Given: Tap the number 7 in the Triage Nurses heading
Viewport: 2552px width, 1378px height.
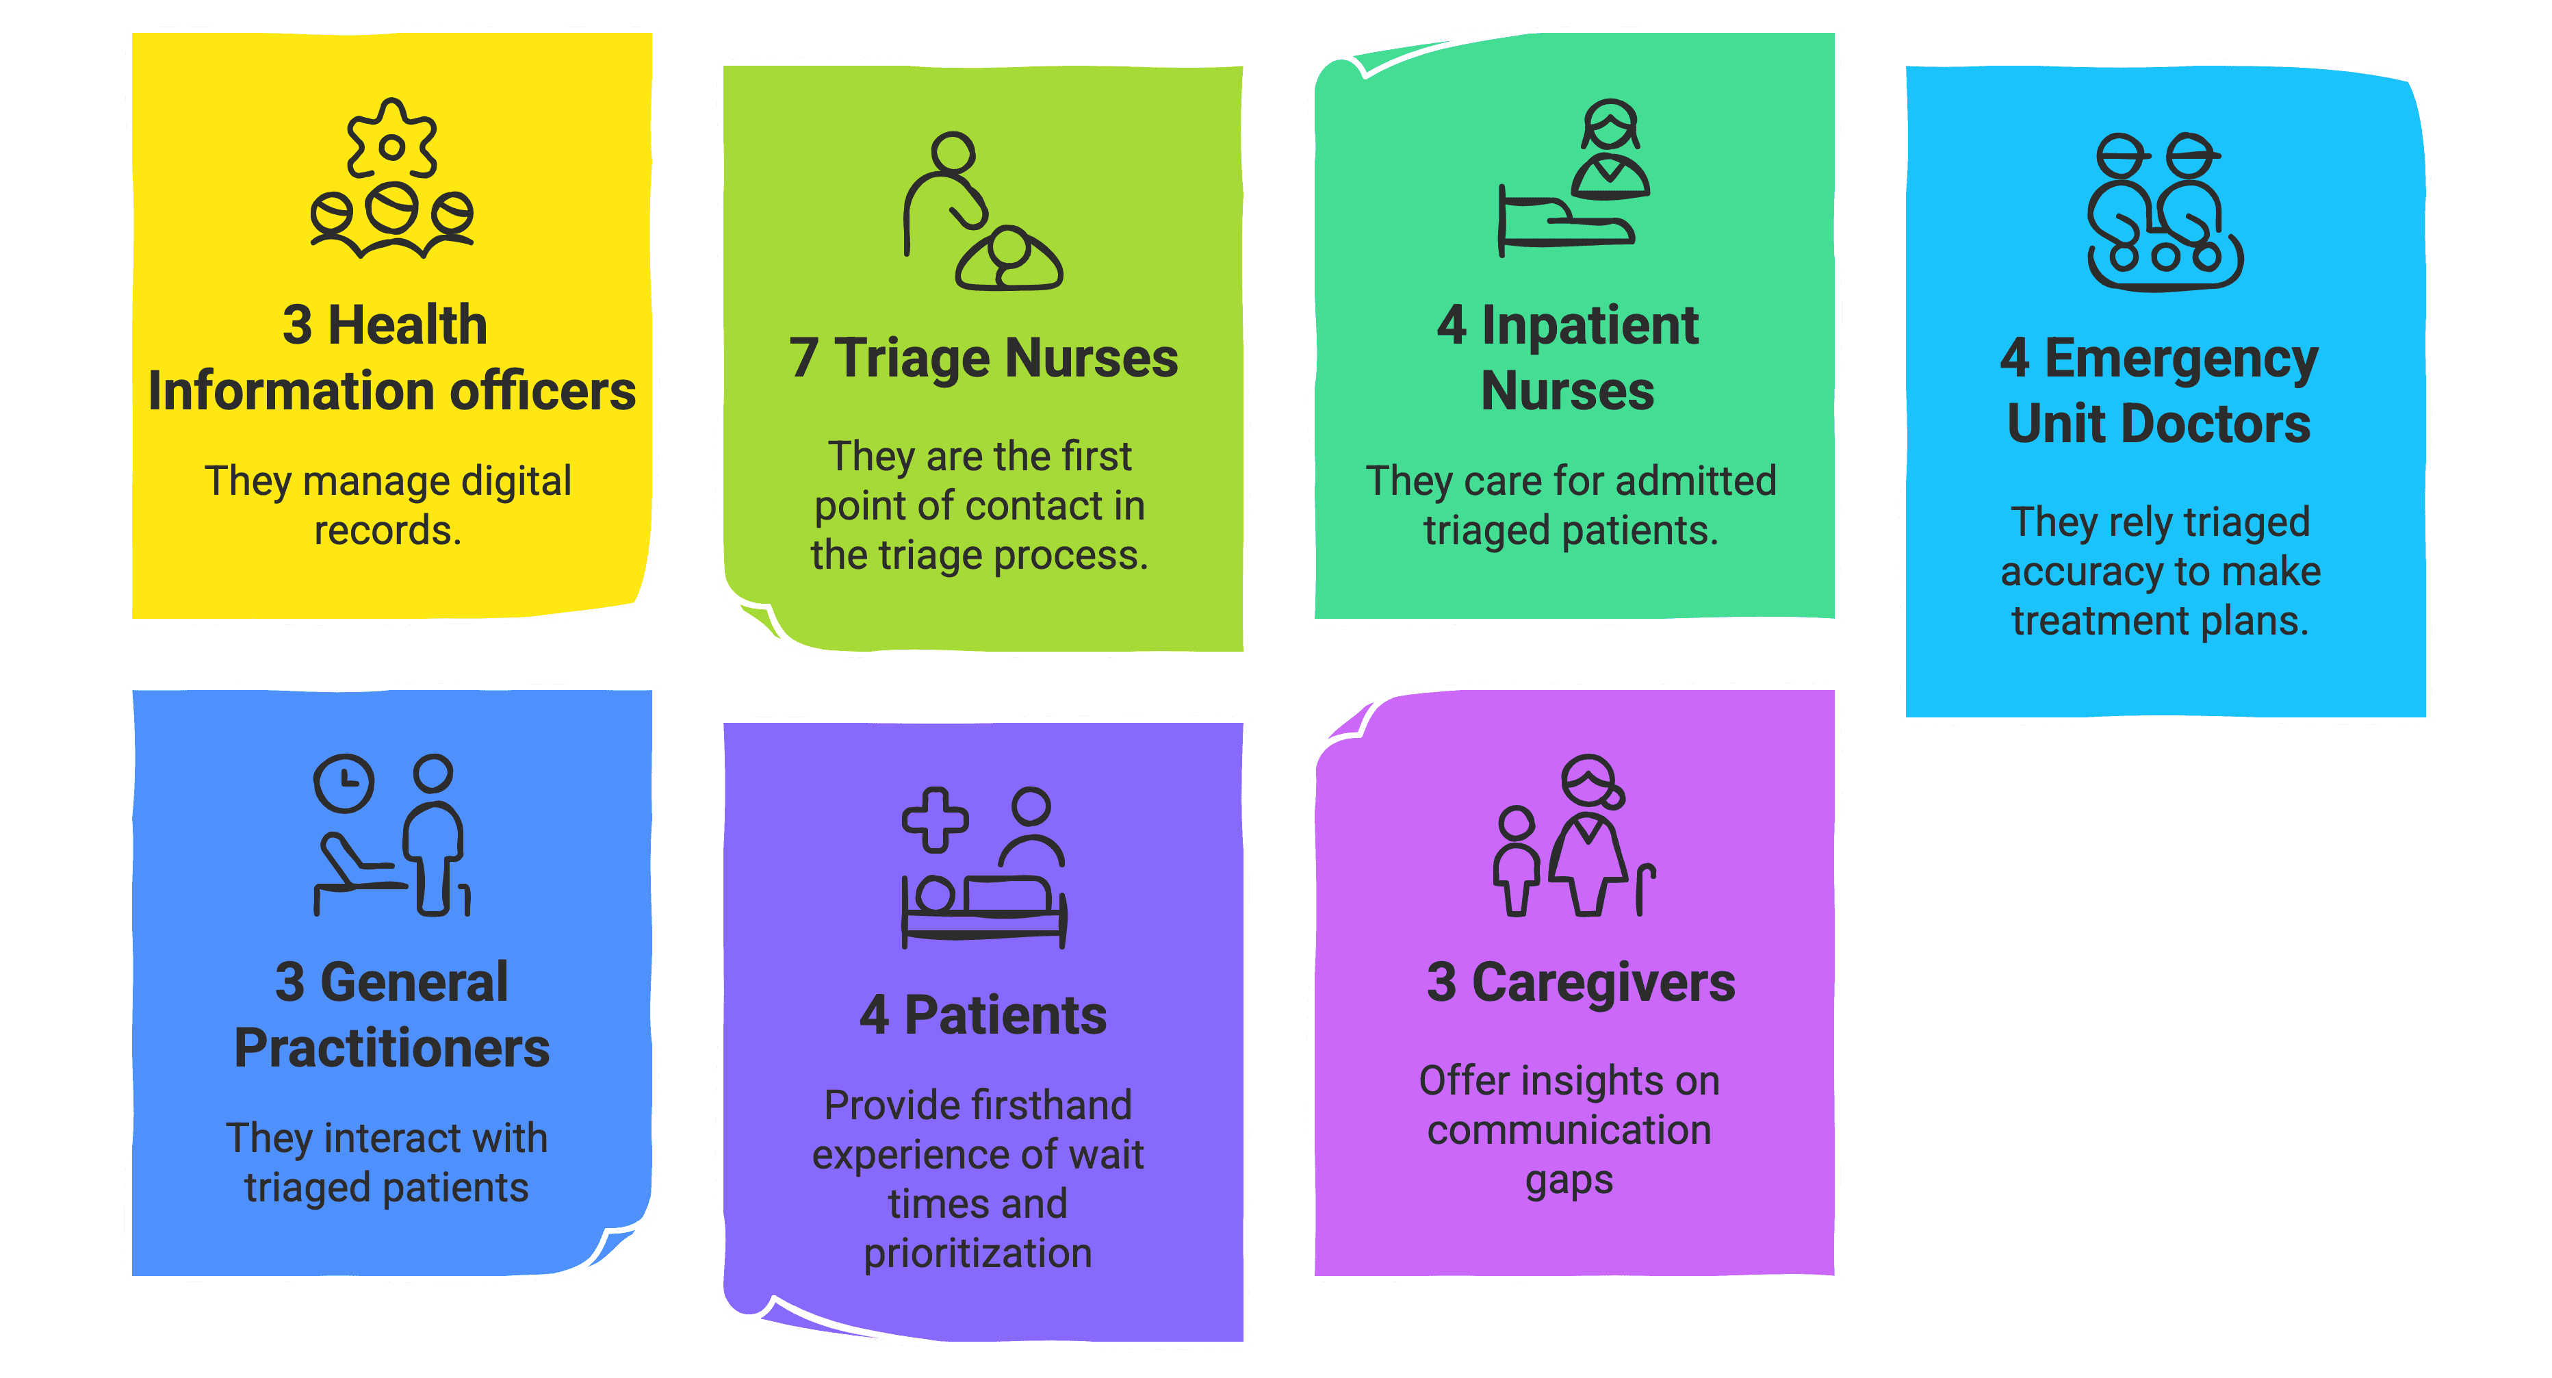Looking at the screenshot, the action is click(x=803, y=359).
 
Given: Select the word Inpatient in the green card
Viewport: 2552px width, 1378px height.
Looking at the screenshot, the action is click(x=1589, y=326).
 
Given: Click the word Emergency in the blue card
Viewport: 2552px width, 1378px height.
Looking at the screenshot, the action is click(x=2182, y=359).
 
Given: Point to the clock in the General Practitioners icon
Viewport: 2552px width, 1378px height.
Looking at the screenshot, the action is click(x=344, y=782).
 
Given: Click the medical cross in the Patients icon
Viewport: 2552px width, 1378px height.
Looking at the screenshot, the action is click(x=934, y=819).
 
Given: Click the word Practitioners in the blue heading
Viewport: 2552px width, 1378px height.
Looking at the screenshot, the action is click(x=391, y=1048).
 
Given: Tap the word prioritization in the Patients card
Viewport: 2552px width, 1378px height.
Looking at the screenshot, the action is click(x=977, y=1254).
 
